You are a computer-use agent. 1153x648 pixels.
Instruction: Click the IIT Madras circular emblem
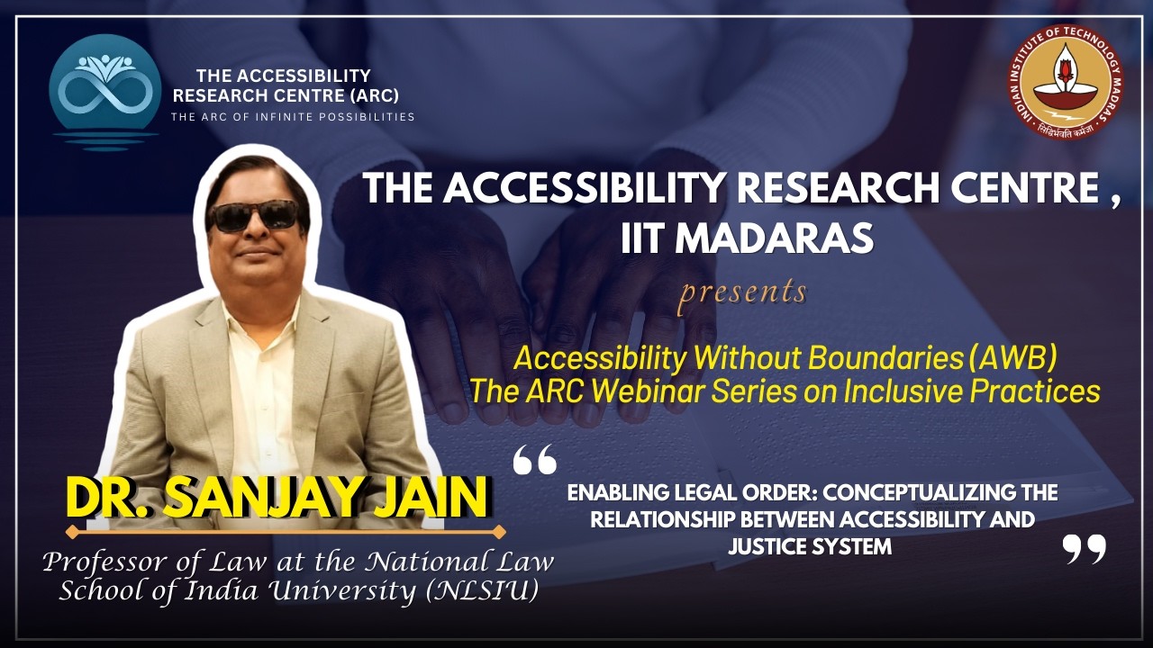pyautogui.click(x=1065, y=81)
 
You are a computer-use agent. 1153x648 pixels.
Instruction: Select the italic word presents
pyautogui.click(x=743, y=292)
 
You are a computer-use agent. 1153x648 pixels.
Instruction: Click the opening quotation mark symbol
pyautogui.click(x=534, y=459)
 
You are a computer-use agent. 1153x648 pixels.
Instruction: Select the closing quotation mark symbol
pyautogui.click(x=1084, y=548)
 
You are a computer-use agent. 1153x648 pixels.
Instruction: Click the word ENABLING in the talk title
pyautogui.click(x=615, y=493)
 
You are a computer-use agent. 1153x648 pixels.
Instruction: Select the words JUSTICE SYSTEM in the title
pyautogui.click(x=810, y=546)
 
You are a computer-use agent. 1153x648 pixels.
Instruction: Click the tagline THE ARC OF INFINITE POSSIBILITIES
pyautogui.click(x=293, y=117)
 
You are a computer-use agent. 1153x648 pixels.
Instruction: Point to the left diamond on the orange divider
pyautogui.click(x=73, y=532)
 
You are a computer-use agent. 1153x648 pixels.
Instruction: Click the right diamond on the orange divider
pyautogui.click(x=500, y=532)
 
